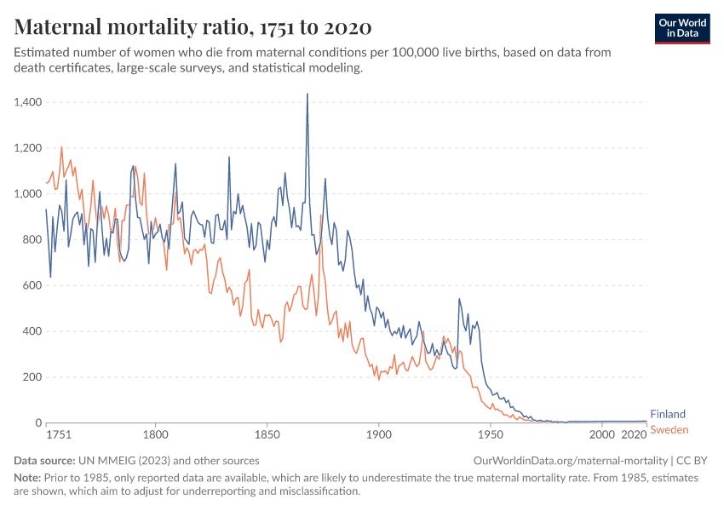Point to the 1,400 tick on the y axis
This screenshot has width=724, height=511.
(x=29, y=102)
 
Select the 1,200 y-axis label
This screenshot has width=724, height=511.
(x=29, y=148)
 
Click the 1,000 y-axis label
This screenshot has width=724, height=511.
(x=29, y=194)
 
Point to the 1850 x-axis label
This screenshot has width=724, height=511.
(x=267, y=434)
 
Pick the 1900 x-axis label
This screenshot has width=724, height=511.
(x=379, y=434)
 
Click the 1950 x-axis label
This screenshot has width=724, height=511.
(x=491, y=434)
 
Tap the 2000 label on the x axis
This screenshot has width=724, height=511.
(x=602, y=434)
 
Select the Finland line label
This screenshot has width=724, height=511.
(x=668, y=415)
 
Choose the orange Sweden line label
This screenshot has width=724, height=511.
(x=669, y=429)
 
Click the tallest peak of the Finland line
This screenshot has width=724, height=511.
(x=307, y=95)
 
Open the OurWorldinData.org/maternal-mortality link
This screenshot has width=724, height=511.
(x=569, y=460)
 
